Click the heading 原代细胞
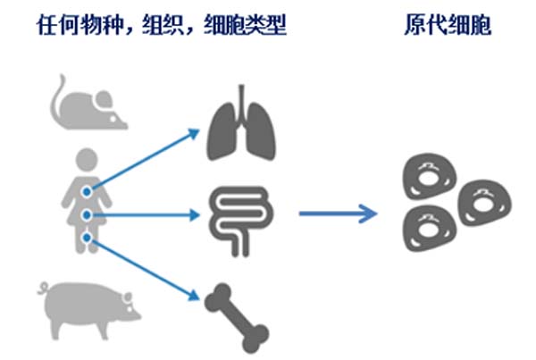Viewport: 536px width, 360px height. pos(448,25)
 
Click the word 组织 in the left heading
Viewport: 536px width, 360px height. pos(163,25)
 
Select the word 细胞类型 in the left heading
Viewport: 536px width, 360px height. pos(245,25)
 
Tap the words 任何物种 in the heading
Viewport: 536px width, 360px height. pos(80,25)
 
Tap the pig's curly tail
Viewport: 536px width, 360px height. pos(44,288)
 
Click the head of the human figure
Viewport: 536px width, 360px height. pos(87,160)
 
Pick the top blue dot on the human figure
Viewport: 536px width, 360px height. pos(87,192)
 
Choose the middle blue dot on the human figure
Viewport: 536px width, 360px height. pos(87,215)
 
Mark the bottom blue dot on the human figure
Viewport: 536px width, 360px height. pos(87,238)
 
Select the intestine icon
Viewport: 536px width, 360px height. pos(242,221)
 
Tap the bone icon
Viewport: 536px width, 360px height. pos(237,318)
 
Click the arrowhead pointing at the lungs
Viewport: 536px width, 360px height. pos(194,133)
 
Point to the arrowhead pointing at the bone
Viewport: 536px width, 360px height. pos(194,296)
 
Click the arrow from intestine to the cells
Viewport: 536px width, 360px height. pos(339,213)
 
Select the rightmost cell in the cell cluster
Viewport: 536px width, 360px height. pos(485,203)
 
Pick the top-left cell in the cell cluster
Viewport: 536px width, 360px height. pos(430,176)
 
